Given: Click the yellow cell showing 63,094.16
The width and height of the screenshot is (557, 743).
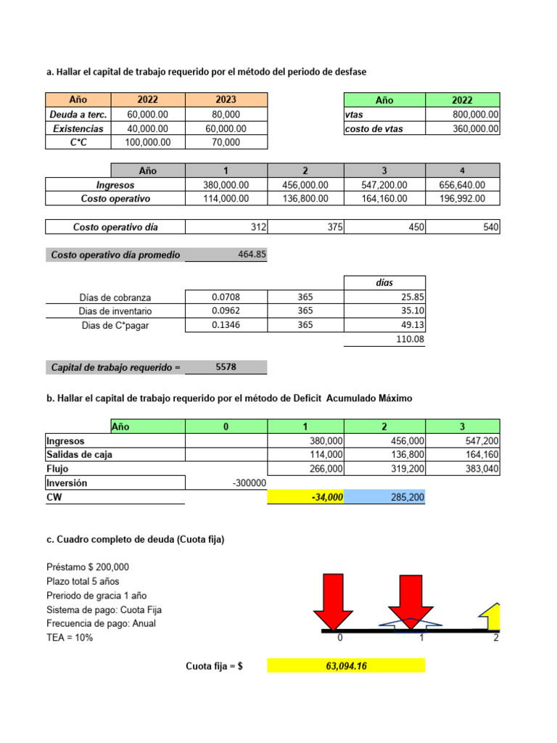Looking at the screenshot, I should coord(346,665).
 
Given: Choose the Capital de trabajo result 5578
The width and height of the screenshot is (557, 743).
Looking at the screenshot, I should coord(226,367).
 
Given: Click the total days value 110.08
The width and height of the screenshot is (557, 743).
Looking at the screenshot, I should coord(410,339).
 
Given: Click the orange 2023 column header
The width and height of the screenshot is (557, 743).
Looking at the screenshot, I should coord(226,100).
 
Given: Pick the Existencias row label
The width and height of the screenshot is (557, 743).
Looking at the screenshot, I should coord(78,128).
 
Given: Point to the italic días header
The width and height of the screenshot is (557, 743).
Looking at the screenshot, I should coord(384,283).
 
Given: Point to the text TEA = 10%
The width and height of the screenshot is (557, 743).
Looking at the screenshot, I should coord(70,638).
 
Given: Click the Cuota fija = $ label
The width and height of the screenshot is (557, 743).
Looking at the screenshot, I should coord(214,665).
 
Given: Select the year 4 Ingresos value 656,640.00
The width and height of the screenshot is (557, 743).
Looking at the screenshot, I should coord(463,185).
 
